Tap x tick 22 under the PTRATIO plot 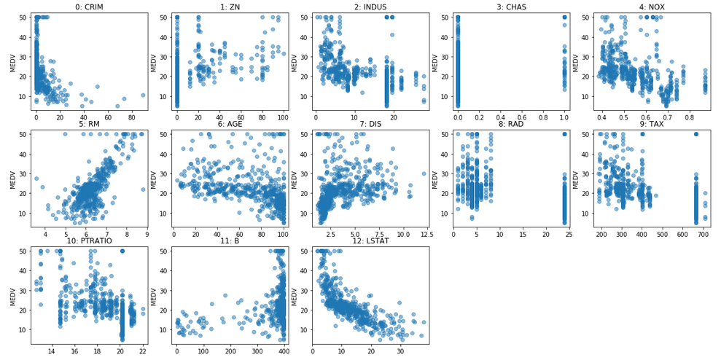tap(143, 351)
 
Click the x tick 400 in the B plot tap(284, 351)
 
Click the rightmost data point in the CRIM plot tap(143, 95)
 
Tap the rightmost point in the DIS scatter tap(424, 173)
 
